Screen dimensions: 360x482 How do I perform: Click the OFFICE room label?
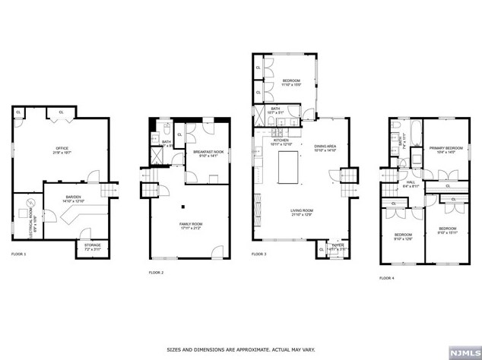coord(62,150)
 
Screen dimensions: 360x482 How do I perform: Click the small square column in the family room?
coord(183,205)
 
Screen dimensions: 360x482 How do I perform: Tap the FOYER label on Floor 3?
coord(338,245)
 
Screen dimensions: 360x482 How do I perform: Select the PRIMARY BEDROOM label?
coord(445,149)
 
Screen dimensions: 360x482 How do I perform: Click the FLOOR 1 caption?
coord(18,254)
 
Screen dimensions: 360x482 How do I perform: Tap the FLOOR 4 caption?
coord(387,278)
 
